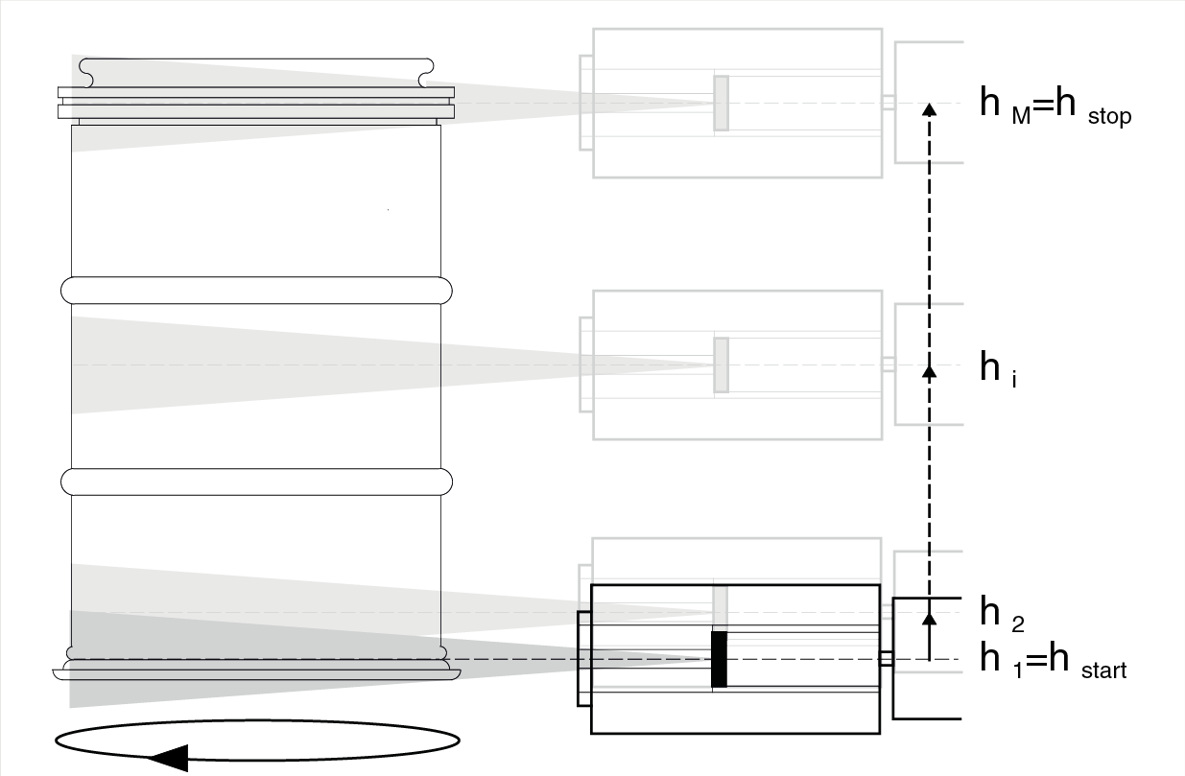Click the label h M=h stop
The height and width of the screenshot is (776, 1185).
tap(1055, 105)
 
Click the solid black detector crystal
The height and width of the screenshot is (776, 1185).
tap(719, 659)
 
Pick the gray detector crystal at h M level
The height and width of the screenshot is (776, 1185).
tap(721, 103)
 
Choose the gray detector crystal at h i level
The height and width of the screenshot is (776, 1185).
tap(721, 364)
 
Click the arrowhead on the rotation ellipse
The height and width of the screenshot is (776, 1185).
tap(169, 758)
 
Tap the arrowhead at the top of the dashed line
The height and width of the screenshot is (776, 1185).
tap(928, 108)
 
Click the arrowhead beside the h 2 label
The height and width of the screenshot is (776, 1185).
tap(928, 618)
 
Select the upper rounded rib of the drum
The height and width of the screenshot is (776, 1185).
tap(256, 289)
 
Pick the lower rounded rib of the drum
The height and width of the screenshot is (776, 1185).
tap(256, 481)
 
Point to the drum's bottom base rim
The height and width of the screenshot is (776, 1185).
tap(256, 670)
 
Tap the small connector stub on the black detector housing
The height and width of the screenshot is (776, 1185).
tap(887, 659)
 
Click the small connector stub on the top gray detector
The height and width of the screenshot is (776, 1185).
tap(889, 103)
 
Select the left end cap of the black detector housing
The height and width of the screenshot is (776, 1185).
tap(583, 658)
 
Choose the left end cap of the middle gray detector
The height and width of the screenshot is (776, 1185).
tap(586, 364)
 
